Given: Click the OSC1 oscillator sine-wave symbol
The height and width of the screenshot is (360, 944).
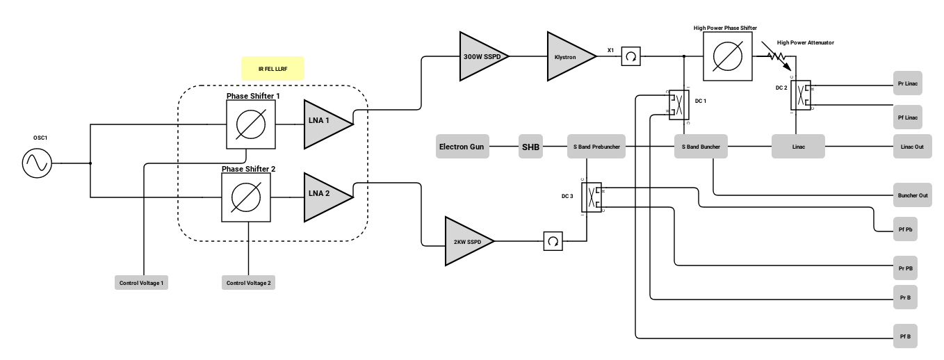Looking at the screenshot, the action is click(x=37, y=163).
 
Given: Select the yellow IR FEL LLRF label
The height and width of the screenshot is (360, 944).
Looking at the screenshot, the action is click(x=272, y=69).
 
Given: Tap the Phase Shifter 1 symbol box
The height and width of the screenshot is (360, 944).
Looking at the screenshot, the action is click(x=251, y=124).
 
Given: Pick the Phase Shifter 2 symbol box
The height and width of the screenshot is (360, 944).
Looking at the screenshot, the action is click(x=246, y=197).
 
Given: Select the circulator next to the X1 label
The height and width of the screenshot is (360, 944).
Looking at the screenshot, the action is click(x=631, y=56).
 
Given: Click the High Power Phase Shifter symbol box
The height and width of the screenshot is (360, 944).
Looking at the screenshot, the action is click(x=728, y=56).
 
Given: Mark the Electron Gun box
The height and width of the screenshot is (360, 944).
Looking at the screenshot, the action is click(x=462, y=146).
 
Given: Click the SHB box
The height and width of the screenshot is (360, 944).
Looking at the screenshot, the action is click(x=530, y=146).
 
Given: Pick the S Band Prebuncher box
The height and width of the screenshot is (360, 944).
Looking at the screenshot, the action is click(x=596, y=146).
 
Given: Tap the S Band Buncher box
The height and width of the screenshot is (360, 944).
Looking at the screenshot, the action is click(x=701, y=146).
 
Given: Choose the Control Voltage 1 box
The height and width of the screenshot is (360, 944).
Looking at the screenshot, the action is click(x=141, y=282).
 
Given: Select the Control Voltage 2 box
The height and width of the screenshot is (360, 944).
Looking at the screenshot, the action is click(x=248, y=282).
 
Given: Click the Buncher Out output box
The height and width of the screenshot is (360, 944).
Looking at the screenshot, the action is click(x=913, y=195).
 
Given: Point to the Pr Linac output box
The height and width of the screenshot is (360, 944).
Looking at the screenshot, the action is click(x=908, y=83).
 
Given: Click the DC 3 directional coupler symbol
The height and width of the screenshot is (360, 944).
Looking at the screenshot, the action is click(x=592, y=197).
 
